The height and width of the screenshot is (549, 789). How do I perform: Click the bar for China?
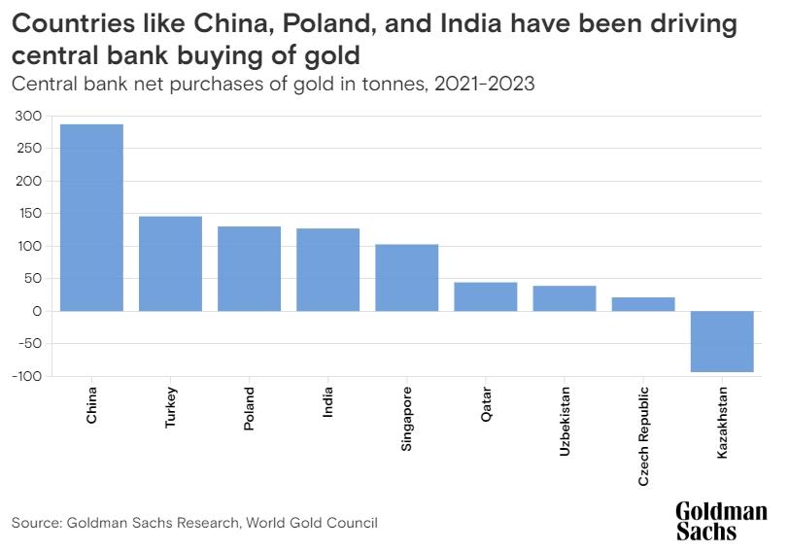[91, 218]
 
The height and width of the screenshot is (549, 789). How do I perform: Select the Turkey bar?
[170, 263]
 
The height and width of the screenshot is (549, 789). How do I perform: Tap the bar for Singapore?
[406, 277]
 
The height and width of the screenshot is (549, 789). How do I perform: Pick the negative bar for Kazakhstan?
[722, 341]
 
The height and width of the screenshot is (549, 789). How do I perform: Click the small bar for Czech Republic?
[643, 304]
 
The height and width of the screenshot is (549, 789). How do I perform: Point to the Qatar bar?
[485, 296]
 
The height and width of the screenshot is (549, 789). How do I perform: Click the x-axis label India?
[328, 403]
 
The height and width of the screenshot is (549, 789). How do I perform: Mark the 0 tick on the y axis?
[35, 311]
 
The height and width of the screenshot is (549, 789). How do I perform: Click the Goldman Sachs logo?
[721, 521]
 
